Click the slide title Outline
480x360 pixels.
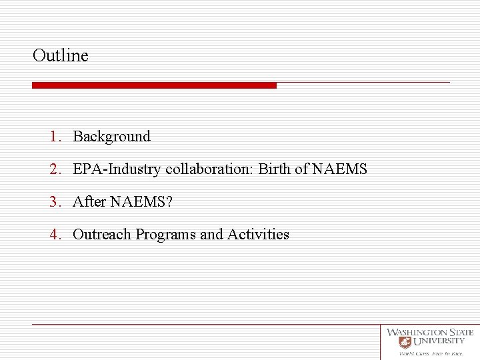pos(60,55)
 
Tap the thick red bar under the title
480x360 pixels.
pos(154,85)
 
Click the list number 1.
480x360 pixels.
pos(55,137)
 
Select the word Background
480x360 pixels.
pos(111,137)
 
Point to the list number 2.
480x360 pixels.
pos(55,169)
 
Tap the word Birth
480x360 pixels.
pos(274,169)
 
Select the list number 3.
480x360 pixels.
pos(55,202)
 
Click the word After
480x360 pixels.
pos(89,202)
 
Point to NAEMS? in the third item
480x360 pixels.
pos(141,202)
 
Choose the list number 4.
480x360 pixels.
pos(55,235)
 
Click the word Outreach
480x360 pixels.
pos(102,235)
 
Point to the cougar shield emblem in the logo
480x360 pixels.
pos(405,342)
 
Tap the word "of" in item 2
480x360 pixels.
pos(301,169)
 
